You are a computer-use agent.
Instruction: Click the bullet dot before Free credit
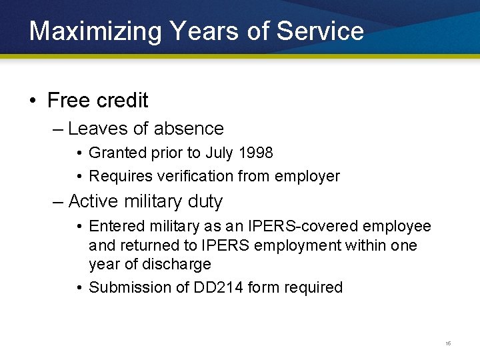33,101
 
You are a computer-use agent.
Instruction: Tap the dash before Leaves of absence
58,129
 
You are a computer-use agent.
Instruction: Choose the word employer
309,177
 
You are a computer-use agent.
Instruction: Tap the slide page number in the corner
448,343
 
